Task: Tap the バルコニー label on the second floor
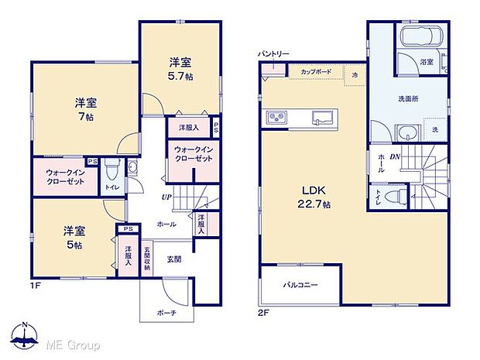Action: (300, 286)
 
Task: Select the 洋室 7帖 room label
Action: (85, 108)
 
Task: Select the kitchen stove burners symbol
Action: (277, 118)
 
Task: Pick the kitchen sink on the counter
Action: (323, 118)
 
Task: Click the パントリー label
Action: (274, 53)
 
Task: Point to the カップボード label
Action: (316, 71)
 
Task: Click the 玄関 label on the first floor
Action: (175, 259)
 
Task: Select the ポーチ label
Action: (166, 312)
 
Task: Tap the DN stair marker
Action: (395, 158)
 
